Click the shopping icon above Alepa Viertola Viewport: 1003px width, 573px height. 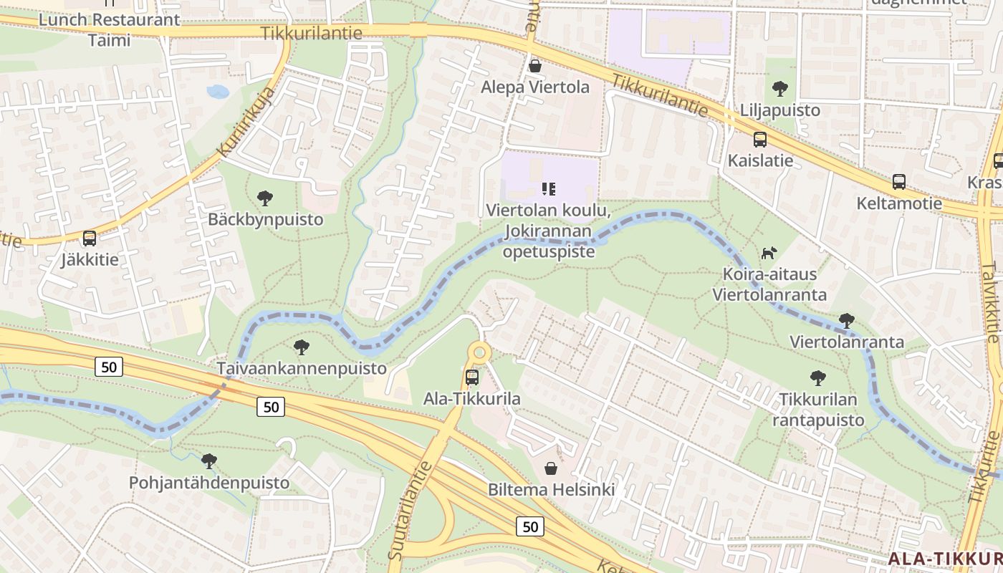534,67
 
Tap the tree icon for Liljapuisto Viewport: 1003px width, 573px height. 780,90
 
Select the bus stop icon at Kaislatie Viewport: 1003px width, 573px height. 760,140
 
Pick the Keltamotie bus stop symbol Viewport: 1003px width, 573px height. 899,182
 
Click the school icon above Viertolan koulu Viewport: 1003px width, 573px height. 549,189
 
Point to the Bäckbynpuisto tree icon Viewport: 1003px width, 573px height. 265,198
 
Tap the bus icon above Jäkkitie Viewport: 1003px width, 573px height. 90,239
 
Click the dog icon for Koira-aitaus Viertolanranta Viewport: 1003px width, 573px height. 769,253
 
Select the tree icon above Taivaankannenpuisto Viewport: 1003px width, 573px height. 302,347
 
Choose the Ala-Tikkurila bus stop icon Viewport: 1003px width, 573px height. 472,377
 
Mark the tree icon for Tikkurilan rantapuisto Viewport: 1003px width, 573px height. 817,378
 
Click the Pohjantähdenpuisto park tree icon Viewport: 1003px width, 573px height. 209,461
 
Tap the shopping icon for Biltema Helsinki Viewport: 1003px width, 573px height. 551,468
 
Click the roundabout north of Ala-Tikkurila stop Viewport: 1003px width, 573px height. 479,352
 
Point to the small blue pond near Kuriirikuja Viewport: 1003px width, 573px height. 217,92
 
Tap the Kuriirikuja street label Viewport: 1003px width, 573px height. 247,122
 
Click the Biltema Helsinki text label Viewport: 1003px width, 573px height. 551,491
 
